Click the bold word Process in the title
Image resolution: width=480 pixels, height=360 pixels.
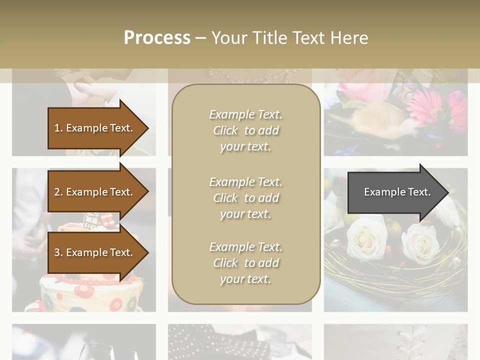point(157,38)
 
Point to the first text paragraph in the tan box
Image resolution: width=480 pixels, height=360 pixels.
point(245,130)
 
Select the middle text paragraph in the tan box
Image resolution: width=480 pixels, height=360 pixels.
point(245,198)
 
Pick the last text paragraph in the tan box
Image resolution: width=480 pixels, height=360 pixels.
point(245,263)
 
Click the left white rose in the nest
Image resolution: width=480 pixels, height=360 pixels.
point(366,237)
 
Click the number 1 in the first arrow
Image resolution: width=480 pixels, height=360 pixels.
point(57,128)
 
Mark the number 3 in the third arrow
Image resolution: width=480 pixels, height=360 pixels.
point(57,253)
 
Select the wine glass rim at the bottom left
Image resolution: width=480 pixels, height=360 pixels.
point(100,346)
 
